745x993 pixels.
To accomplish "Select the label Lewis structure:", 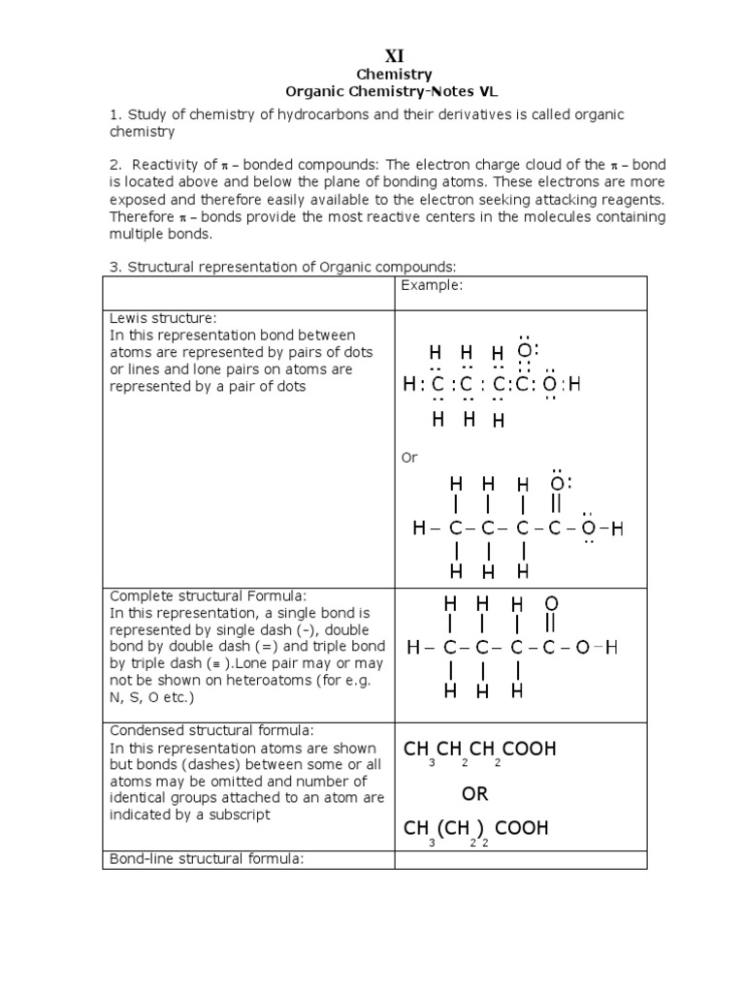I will [163, 319].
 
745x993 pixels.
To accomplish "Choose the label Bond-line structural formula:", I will [209, 859].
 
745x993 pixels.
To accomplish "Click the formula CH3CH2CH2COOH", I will [479, 751].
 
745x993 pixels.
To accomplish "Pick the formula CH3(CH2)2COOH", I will [475, 829].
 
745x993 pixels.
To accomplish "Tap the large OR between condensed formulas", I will [474, 794].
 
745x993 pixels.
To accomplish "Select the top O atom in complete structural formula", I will [551, 604].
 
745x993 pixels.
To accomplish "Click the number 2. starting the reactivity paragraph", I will [114, 165].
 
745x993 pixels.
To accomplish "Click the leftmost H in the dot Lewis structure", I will [408, 386].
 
